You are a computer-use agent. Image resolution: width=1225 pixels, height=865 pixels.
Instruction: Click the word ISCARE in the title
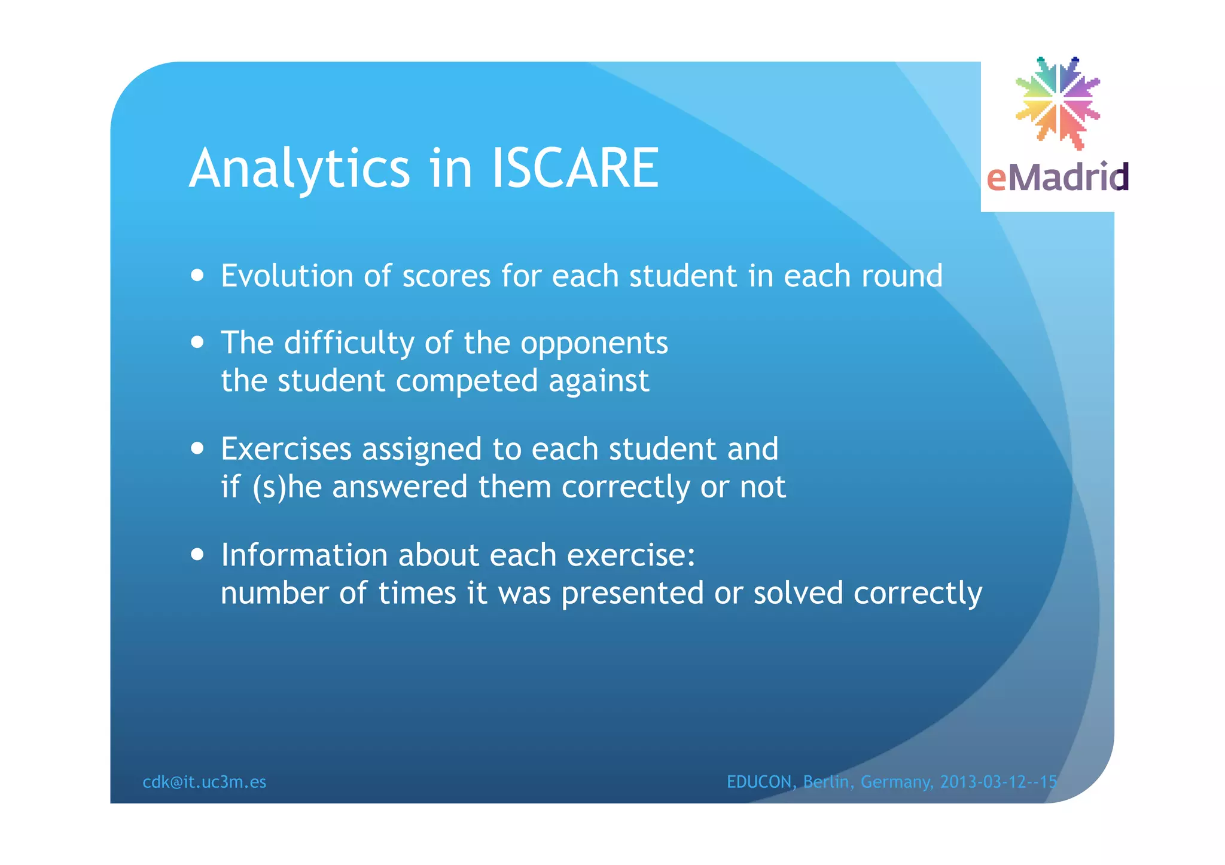pyautogui.click(x=575, y=169)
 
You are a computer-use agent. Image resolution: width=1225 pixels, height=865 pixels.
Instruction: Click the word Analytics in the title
pyautogui.click(x=300, y=170)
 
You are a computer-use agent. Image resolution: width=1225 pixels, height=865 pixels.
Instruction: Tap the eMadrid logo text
pyautogui.click(x=1057, y=178)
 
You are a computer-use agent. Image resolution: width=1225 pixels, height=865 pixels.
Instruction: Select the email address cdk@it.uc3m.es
pyautogui.click(x=204, y=782)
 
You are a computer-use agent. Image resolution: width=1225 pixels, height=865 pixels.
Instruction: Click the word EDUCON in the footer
pyautogui.click(x=759, y=782)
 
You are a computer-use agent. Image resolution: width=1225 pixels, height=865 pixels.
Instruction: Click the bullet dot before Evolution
pyautogui.click(x=197, y=276)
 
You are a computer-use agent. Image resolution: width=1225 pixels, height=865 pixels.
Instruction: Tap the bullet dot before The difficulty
pyautogui.click(x=197, y=343)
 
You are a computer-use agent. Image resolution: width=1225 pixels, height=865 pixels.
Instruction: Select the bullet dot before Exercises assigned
pyautogui.click(x=197, y=449)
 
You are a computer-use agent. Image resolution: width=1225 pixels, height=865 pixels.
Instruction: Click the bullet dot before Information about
pyautogui.click(x=197, y=555)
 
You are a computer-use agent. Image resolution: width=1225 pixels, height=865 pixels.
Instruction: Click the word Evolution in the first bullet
pyautogui.click(x=287, y=276)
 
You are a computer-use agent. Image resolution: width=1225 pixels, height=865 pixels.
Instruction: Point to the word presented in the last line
pyautogui.click(x=632, y=594)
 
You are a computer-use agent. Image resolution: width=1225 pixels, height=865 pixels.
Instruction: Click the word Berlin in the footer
pyautogui.click(x=825, y=782)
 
